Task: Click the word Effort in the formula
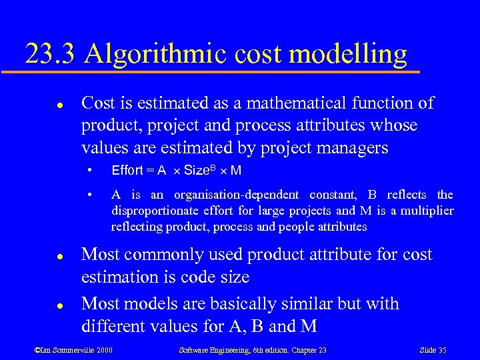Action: pos(127,171)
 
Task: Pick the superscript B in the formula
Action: pos(213,167)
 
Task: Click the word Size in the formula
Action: pos(196,171)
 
